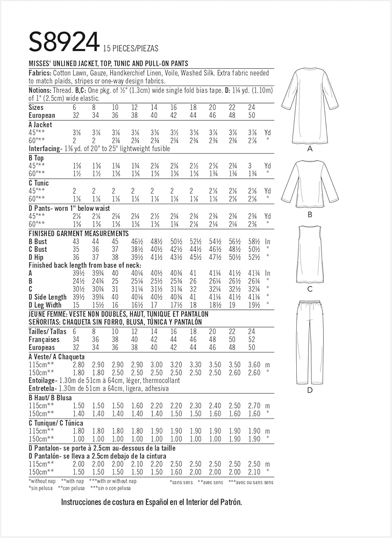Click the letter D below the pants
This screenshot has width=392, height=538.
click(x=310, y=390)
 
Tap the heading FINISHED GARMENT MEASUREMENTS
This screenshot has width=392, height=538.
click(x=78, y=233)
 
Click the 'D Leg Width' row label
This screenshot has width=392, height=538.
click(x=48, y=305)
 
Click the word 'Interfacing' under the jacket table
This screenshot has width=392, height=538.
click(x=45, y=148)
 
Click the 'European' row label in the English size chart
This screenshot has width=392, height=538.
click(x=42, y=115)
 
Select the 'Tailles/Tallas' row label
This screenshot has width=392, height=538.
click(x=47, y=331)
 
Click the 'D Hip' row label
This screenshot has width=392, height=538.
click(x=36, y=258)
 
